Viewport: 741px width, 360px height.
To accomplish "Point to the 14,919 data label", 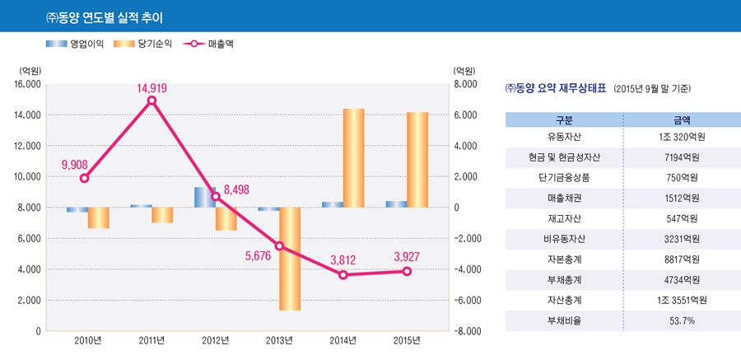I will point(151,88).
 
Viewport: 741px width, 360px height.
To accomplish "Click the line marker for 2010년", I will point(84,178).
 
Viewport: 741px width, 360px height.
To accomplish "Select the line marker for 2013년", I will point(279,245).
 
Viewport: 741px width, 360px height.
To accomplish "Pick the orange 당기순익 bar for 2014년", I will point(354,157).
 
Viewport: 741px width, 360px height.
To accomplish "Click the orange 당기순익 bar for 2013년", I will point(290,259).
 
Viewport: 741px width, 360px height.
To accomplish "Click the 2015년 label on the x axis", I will point(407,340).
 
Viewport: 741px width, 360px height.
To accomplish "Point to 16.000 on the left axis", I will point(27,84).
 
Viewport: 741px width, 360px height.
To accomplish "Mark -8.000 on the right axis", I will point(464,331).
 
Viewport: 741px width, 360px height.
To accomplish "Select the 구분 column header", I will point(564,119).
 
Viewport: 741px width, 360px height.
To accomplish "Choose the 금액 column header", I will point(682,119).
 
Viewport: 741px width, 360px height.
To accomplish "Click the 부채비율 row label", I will point(564,320).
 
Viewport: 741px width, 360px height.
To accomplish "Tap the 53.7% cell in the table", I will point(682,320).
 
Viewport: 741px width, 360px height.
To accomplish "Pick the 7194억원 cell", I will point(682,157).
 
